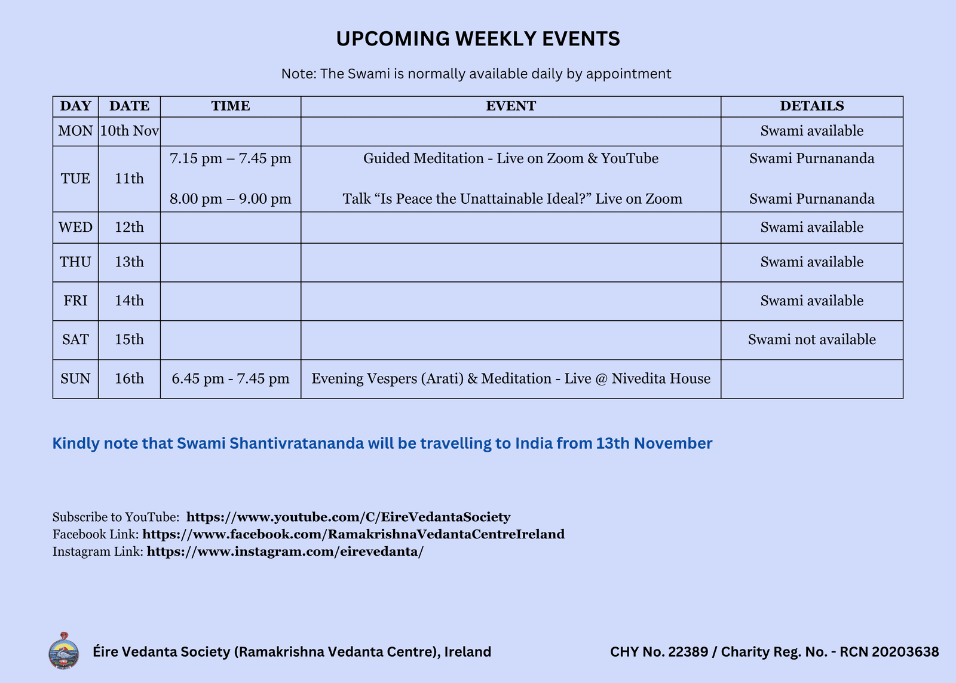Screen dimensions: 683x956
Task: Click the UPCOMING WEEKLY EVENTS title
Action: tap(478, 39)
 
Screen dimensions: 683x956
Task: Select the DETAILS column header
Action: tap(811, 106)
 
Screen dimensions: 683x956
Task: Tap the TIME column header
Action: tap(231, 106)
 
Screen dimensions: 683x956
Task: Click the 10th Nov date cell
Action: tap(129, 131)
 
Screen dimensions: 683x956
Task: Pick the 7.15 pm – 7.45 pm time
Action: tap(231, 158)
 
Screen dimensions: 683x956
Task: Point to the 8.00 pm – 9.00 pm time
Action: tap(231, 199)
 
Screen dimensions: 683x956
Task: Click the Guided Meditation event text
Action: tap(511, 158)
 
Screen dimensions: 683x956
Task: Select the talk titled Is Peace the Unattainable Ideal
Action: tap(512, 199)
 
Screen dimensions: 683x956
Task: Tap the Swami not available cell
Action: tap(811, 339)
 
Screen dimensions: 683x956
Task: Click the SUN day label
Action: tap(75, 379)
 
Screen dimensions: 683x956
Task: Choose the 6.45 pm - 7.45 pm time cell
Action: tap(231, 379)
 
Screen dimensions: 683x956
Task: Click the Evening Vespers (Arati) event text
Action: tap(511, 379)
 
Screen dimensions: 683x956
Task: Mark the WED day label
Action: tap(75, 228)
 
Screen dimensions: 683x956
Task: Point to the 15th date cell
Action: tap(129, 339)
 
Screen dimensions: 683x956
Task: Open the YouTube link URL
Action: tap(348, 517)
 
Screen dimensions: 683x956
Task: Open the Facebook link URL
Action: tap(353, 534)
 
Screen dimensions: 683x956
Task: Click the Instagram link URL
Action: tap(285, 552)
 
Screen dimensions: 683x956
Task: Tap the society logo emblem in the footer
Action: tap(63, 651)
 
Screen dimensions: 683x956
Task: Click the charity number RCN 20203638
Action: tap(889, 652)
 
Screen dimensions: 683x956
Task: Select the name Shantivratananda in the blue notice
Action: tap(296, 443)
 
